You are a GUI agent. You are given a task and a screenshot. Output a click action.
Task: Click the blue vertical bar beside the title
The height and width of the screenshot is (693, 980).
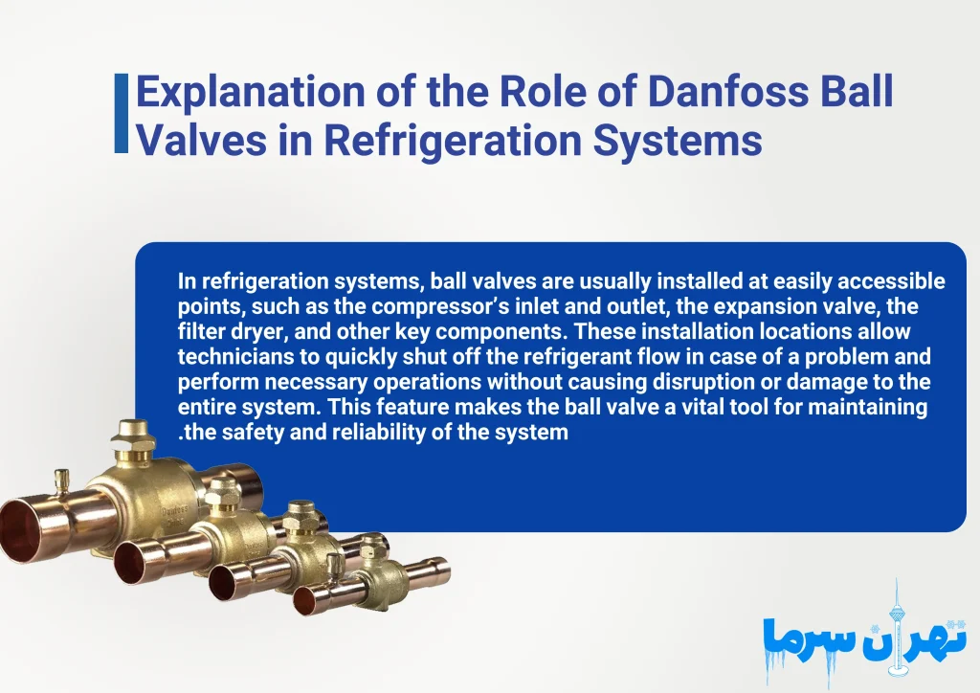tap(122, 113)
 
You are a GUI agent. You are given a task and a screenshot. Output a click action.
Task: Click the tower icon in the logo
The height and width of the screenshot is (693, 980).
tap(897, 613)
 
